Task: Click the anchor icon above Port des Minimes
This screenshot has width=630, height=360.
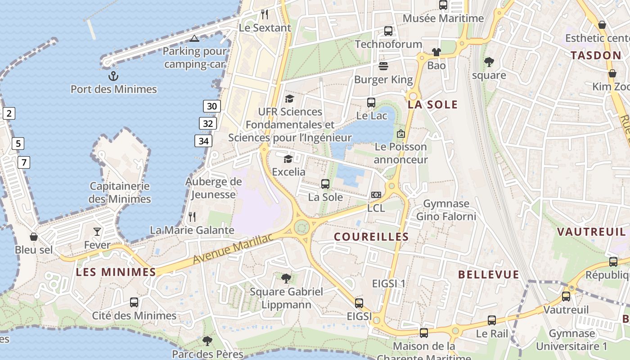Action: [x=113, y=75]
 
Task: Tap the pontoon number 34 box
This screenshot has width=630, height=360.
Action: [x=203, y=141]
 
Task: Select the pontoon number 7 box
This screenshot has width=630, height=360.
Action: [x=24, y=162]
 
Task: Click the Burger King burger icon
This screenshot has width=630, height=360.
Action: [x=383, y=66]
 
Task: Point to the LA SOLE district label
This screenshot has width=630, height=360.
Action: [x=432, y=105]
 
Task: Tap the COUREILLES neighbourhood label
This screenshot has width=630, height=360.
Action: [x=371, y=237]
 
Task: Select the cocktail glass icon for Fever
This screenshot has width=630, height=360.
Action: [x=97, y=232]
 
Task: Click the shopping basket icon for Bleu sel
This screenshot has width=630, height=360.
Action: [x=34, y=236]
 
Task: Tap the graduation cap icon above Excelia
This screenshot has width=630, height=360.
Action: [x=288, y=158]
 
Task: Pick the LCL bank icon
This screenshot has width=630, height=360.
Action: [x=376, y=195]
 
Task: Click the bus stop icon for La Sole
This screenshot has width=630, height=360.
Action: [x=325, y=184]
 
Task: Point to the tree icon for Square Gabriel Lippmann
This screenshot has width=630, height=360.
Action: [x=286, y=278]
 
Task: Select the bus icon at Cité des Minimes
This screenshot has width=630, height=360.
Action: [x=134, y=302]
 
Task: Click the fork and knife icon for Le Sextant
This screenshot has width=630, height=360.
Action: [x=265, y=14]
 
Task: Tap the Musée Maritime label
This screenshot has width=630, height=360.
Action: [x=443, y=18]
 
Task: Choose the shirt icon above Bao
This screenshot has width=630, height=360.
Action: [x=436, y=52]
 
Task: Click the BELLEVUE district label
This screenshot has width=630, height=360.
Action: [x=489, y=274]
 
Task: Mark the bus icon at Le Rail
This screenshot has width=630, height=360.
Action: [x=492, y=320]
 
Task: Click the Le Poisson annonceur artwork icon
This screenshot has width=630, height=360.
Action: [x=401, y=134]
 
